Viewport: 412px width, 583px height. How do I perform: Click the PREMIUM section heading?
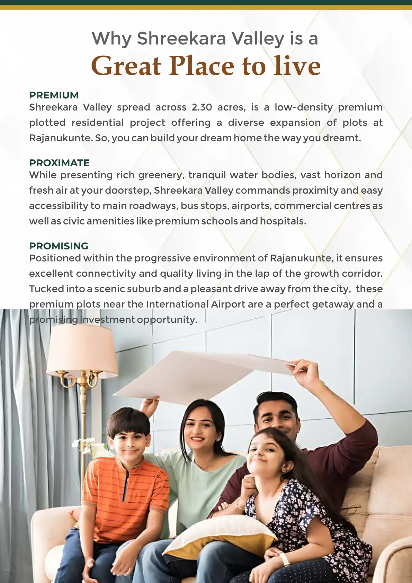click(54, 95)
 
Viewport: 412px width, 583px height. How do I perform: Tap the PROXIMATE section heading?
click(59, 163)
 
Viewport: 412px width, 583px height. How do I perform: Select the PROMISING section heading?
click(59, 246)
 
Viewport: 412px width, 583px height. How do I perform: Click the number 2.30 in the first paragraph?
click(202, 107)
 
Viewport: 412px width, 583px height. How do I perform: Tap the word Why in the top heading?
click(111, 39)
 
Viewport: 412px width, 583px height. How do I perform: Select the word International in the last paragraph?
click(177, 304)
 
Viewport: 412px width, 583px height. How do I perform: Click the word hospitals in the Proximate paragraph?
click(283, 221)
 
